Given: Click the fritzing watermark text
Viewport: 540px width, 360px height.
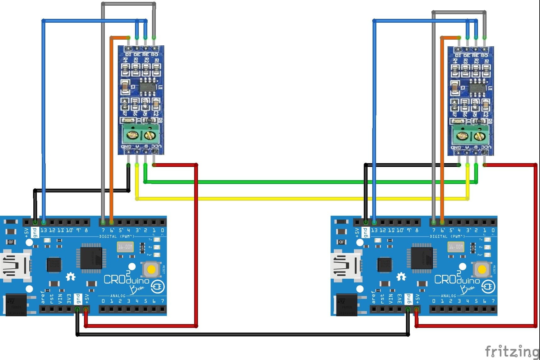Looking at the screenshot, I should click(x=512, y=351).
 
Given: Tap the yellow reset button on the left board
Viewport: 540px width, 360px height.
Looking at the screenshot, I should click(x=151, y=270).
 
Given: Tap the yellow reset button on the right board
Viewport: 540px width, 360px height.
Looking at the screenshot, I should click(x=482, y=270).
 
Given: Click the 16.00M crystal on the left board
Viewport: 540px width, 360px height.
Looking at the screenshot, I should click(x=125, y=247).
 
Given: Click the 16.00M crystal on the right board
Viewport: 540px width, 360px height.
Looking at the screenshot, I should click(x=455, y=247).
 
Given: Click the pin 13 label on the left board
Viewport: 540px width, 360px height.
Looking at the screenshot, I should click(x=43, y=231).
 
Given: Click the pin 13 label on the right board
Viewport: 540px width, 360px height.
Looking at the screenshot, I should click(x=374, y=231).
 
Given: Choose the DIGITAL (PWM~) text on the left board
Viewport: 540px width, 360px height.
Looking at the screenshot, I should click(x=117, y=236).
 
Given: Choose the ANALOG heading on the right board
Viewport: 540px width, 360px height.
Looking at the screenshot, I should click(x=448, y=296).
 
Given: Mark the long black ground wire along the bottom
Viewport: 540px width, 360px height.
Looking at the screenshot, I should click(x=242, y=334).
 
